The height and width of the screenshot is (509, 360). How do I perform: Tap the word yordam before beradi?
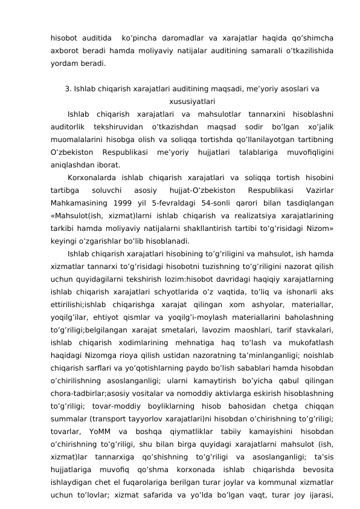(x=64, y=62)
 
